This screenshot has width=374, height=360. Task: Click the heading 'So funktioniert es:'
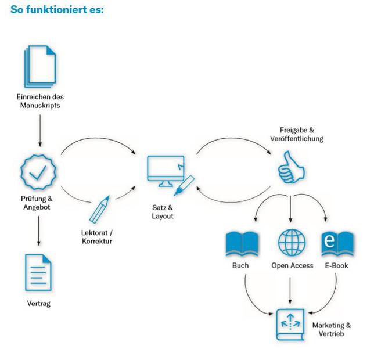pos(56,10)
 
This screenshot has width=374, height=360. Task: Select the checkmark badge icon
pos(38,172)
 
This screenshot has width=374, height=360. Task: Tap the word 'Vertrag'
pos(39,303)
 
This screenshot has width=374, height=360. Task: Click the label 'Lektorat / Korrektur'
pos(97,236)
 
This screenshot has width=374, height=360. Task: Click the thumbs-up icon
pos(291,167)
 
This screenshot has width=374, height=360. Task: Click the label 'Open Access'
pos(292,266)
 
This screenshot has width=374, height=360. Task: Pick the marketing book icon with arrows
pos(290,323)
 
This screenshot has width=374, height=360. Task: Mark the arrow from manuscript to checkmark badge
pos(39,130)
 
